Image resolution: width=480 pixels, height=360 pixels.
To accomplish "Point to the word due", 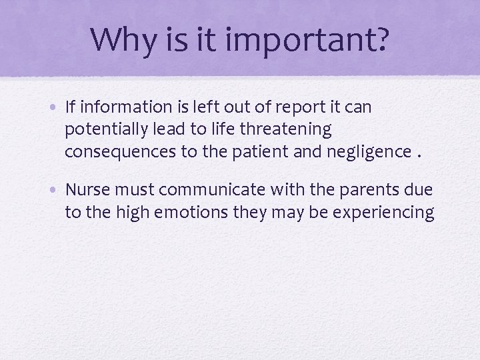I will tap(418, 191).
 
